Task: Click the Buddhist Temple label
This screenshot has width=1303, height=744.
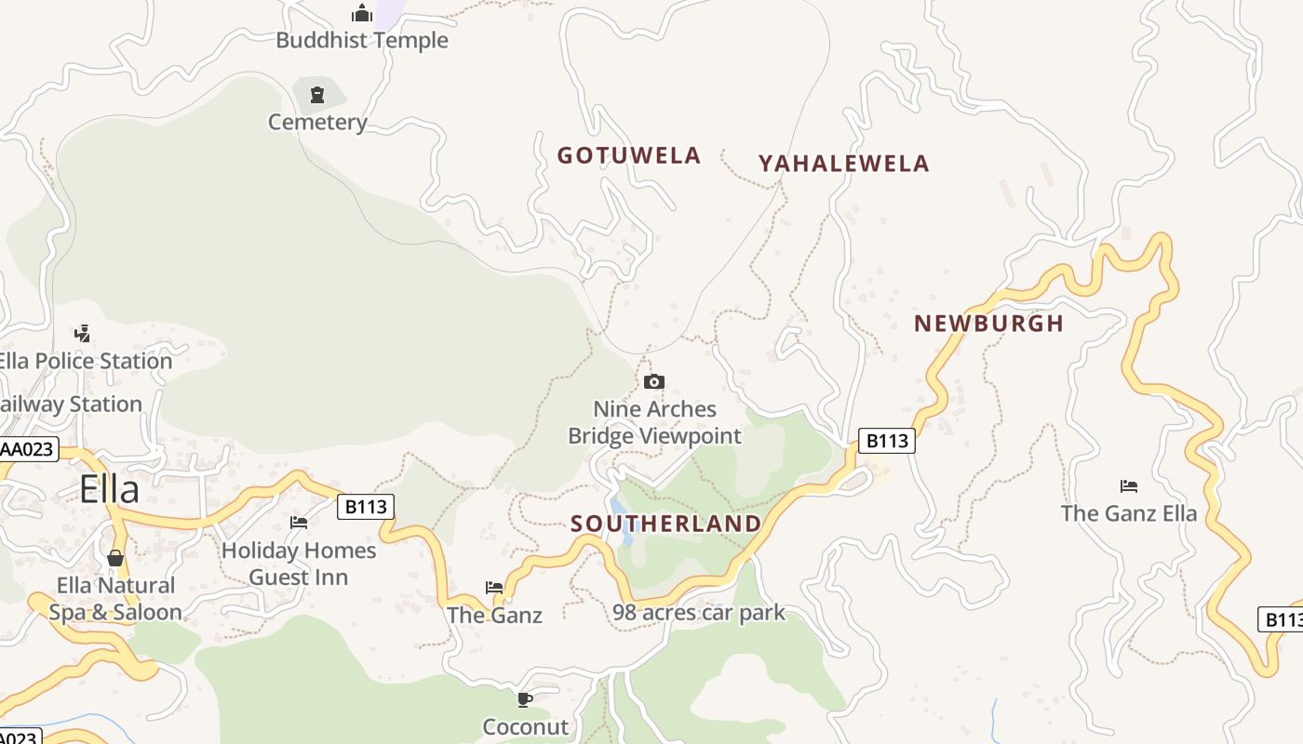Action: tap(362, 40)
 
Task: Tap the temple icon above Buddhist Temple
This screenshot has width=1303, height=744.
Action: tap(362, 13)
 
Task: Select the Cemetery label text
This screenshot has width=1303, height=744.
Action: tap(317, 122)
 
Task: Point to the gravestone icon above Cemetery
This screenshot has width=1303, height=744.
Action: tap(317, 94)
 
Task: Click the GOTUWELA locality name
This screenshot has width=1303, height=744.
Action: tap(629, 155)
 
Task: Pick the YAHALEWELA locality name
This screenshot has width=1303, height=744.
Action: tap(843, 164)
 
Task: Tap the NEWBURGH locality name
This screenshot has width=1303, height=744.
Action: tap(988, 324)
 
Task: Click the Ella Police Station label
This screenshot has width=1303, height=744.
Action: tap(86, 361)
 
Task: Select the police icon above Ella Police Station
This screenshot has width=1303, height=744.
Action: tap(82, 333)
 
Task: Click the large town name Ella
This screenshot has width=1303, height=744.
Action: tap(109, 489)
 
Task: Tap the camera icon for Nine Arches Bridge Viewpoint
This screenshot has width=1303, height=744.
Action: tap(654, 381)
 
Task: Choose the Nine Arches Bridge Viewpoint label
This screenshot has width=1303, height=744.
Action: tap(655, 422)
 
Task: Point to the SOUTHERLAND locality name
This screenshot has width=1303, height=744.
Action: tap(666, 524)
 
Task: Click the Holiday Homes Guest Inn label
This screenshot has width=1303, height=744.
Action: tap(299, 564)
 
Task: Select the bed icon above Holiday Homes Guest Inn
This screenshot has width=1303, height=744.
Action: tap(299, 523)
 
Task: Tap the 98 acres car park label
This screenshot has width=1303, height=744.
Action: tap(699, 613)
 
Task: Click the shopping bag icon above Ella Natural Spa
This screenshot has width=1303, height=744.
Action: tap(115, 558)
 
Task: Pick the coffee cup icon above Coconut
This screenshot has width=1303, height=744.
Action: tap(525, 699)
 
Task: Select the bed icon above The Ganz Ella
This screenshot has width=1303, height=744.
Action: tap(1129, 485)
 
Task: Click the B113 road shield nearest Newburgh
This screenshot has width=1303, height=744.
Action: tap(886, 441)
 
